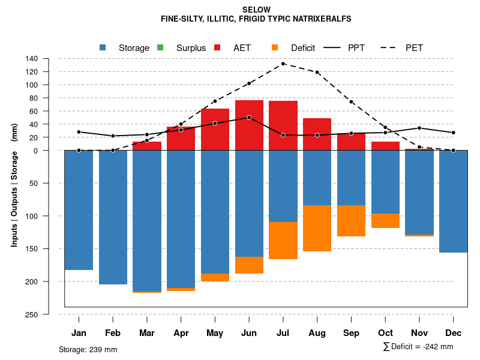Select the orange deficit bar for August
pos(317,228)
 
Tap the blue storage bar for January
pos(79,210)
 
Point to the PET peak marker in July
pos(283,64)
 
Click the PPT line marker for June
pos(249,118)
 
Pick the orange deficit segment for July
pos(283,241)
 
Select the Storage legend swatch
pos(103,48)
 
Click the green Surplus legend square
pos(160,48)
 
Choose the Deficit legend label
pos(303,48)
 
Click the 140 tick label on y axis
pos(32,59)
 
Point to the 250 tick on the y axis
pos(32,314)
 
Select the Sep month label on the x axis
pos(351,333)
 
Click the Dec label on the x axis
pos(454,333)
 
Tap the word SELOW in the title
pos(256,10)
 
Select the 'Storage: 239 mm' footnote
pos(88,349)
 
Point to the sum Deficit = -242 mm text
pos(418,347)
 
